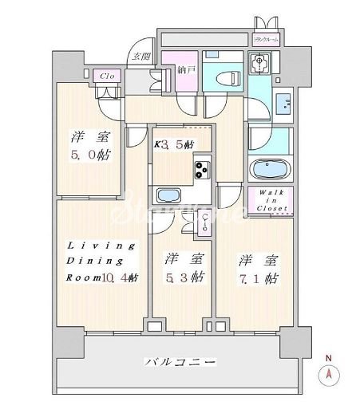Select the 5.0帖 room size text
(88, 155)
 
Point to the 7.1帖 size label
(256, 279)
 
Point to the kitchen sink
(168, 196)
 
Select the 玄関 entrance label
(142, 57)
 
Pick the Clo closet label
(105, 76)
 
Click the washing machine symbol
(259, 63)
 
